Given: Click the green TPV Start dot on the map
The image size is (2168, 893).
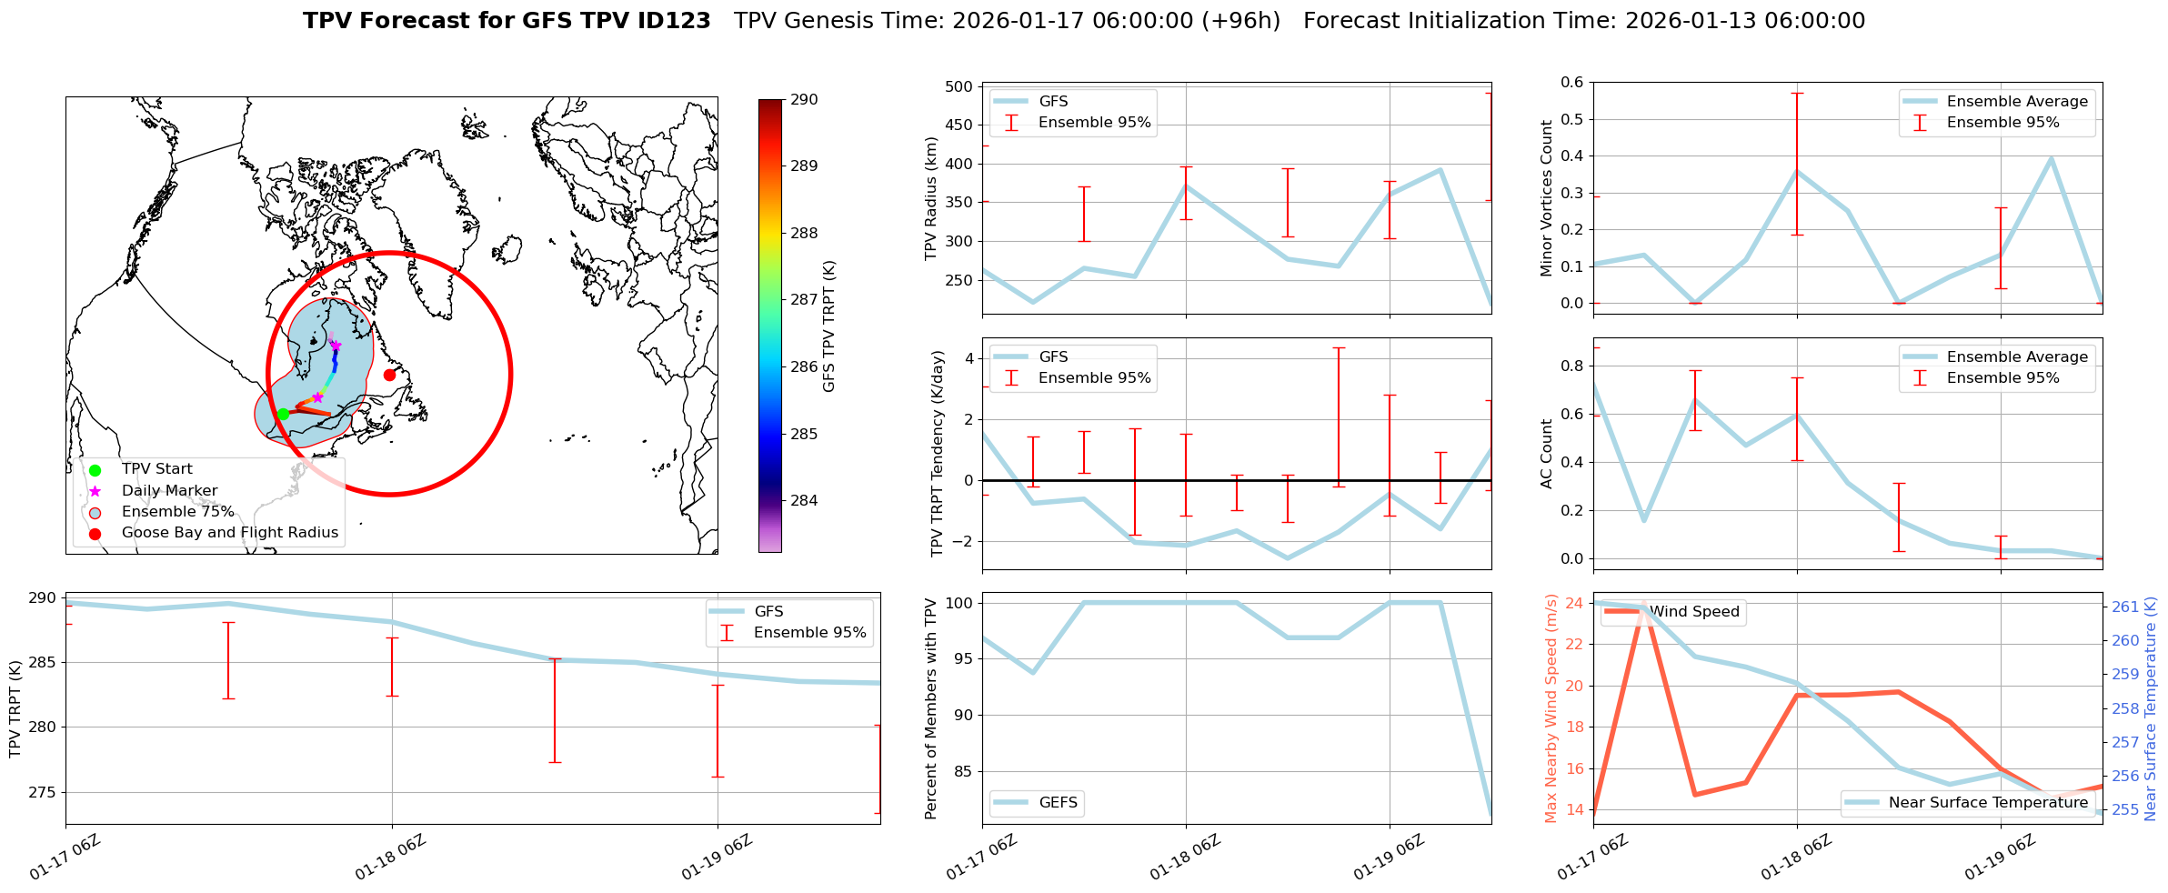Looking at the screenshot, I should click(x=283, y=414).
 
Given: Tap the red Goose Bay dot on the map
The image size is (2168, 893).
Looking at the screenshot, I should click(x=389, y=375).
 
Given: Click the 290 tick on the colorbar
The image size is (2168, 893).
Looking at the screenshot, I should click(x=804, y=100).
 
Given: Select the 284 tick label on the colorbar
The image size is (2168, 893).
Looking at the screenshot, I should click(x=804, y=500).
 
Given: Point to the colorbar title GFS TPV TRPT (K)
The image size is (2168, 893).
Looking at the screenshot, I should click(x=828, y=326).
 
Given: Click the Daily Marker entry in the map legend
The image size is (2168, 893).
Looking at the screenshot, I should click(x=169, y=491).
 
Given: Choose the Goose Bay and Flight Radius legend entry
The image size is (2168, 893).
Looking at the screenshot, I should click(x=229, y=533).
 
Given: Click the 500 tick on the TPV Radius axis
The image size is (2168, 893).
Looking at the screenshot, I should click(x=959, y=87).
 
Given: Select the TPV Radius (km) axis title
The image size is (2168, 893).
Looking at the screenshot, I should click(x=930, y=198).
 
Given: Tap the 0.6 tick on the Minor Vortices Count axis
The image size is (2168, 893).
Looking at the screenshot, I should click(x=1571, y=83).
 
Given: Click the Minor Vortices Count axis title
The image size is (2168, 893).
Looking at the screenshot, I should click(x=1546, y=197).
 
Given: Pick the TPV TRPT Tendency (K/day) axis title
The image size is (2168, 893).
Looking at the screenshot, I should click(x=938, y=453).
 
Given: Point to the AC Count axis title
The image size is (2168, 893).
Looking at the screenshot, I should click(x=1546, y=453).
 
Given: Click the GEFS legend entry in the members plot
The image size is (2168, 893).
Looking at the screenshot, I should click(x=1058, y=803).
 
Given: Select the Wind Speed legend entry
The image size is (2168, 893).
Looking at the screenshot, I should click(x=1693, y=612).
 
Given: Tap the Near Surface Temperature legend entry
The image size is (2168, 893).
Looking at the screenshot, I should click(x=1987, y=803).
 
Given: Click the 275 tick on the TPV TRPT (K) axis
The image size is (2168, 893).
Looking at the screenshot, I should click(x=43, y=792).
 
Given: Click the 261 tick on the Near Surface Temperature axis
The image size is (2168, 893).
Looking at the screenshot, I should click(x=2125, y=607).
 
